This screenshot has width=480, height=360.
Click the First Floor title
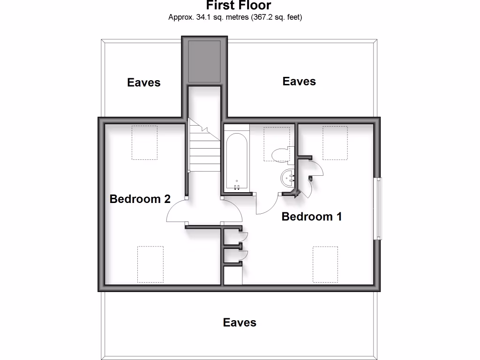pyautogui.click(x=239, y=6)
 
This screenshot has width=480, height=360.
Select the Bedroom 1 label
pyautogui.click(x=312, y=217)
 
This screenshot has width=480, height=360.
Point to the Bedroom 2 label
pyautogui.click(x=140, y=199)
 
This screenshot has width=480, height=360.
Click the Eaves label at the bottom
pyautogui.click(x=240, y=322)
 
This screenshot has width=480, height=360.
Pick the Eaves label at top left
pyautogui.click(x=144, y=82)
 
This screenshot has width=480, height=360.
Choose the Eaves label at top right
pyautogui.click(x=299, y=82)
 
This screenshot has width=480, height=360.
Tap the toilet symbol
pyautogui.click(x=280, y=154)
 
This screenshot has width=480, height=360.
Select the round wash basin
pyautogui.click(x=287, y=178)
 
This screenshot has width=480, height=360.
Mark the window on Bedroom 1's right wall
pyautogui.click(x=378, y=209)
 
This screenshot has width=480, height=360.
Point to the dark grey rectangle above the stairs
pyautogui.click(x=204, y=60)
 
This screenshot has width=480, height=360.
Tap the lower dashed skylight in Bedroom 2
pyautogui.click(x=150, y=264)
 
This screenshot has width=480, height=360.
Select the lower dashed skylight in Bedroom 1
pyautogui.click(x=325, y=264)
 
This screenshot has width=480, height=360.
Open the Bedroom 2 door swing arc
pyautogui.click(x=177, y=212)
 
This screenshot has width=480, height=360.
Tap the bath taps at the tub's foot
pyautogui.click(x=237, y=187)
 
